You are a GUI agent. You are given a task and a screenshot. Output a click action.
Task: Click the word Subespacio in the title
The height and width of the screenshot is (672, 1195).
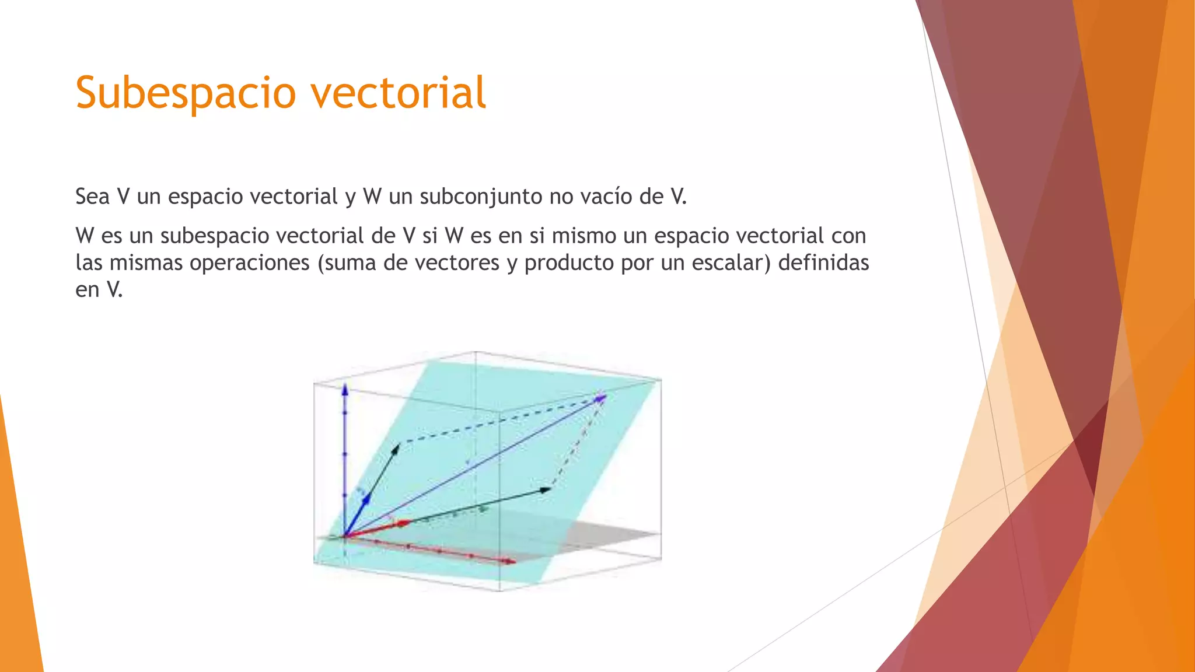point(186,93)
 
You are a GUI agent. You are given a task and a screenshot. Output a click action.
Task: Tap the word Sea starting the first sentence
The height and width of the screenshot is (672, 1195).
point(92,197)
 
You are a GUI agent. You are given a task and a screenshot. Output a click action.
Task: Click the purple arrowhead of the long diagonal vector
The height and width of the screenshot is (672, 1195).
point(601,398)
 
